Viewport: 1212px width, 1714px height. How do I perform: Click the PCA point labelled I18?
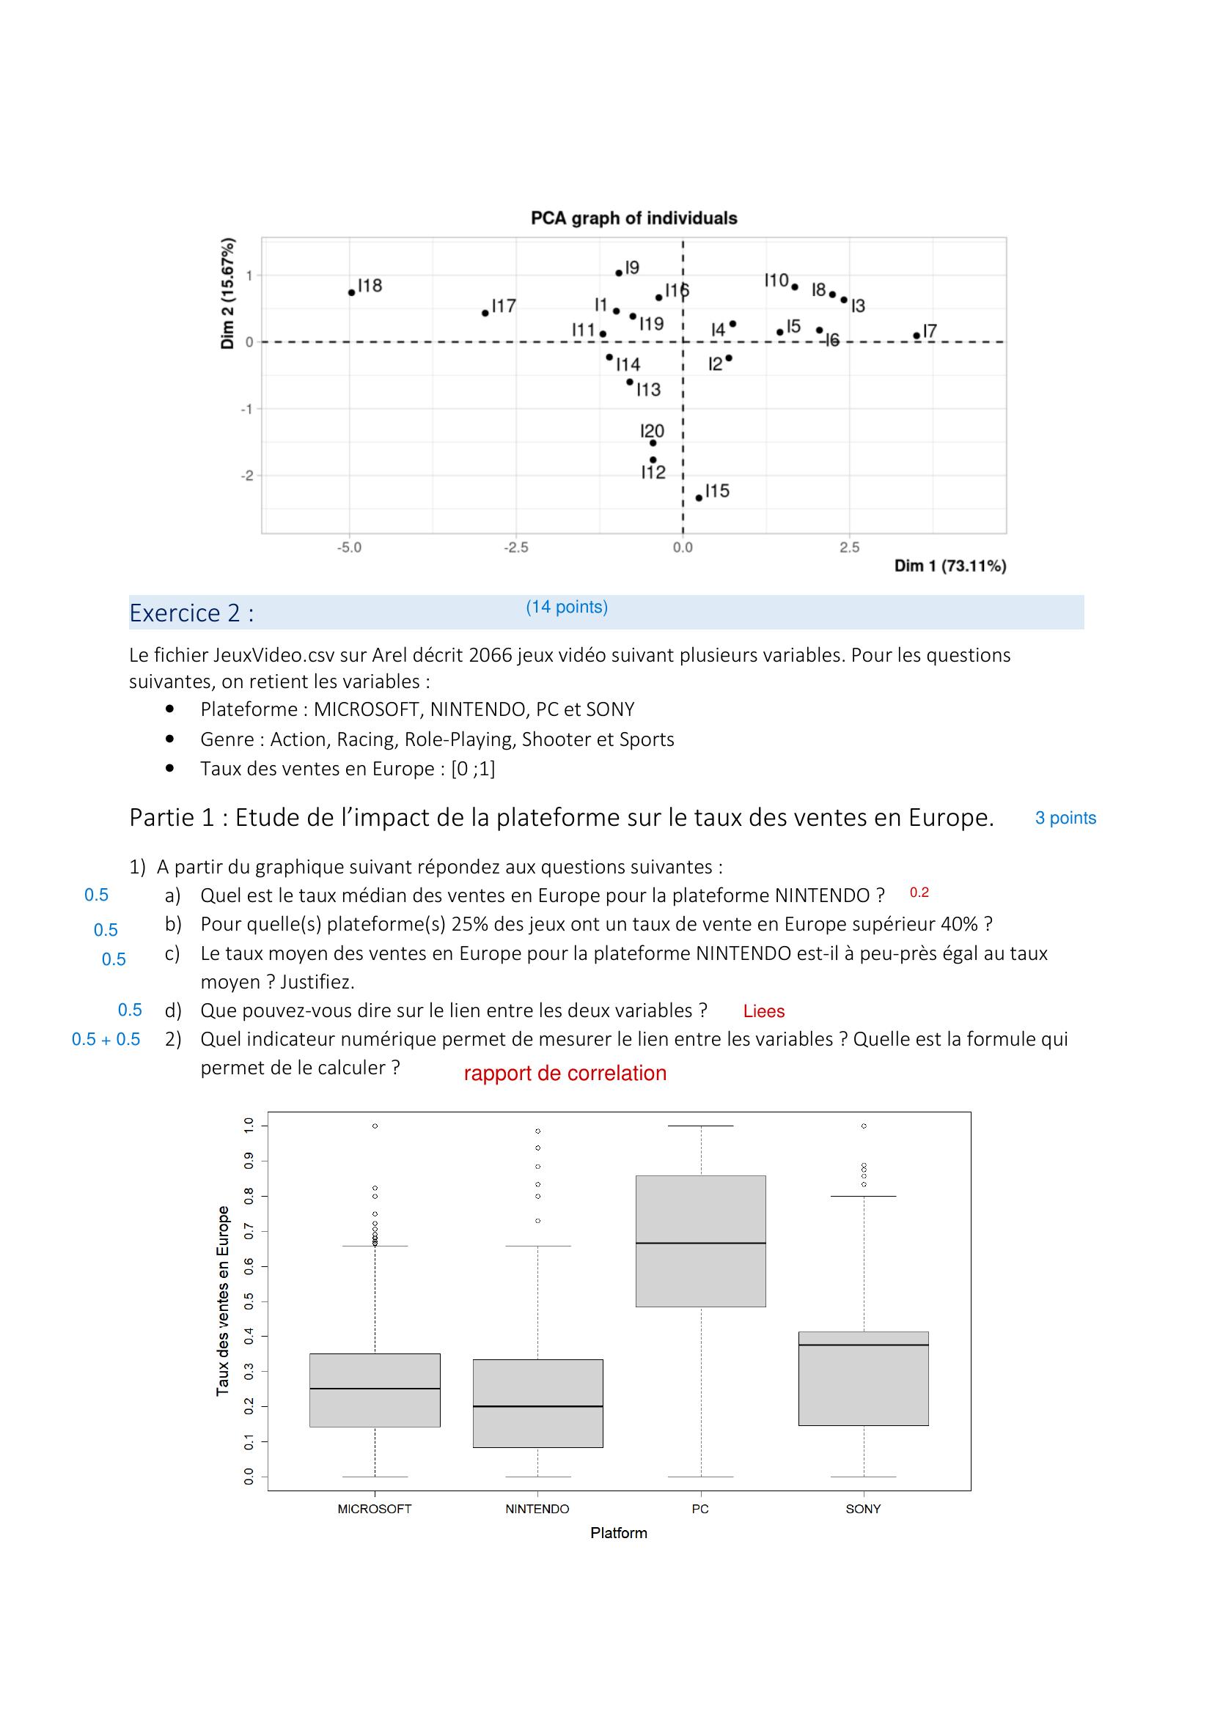click(x=352, y=292)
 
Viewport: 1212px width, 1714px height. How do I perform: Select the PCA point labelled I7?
click(x=917, y=336)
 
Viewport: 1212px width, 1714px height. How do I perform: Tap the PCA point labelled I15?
click(x=699, y=498)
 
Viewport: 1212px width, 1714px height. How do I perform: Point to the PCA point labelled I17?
click(x=485, y=313)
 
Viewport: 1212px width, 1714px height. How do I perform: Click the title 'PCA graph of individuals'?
click(x=633, y=218)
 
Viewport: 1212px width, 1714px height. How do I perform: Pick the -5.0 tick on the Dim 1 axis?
click(x=349, y=548)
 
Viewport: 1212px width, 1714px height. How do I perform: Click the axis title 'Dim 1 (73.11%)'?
click(x=950, y=566)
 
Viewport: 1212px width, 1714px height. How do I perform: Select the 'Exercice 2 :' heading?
click(x=191, y=613)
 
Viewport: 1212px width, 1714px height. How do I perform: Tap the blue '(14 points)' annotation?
click(x=567, y=607)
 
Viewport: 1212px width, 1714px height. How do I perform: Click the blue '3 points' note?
click(x=1065, y=819)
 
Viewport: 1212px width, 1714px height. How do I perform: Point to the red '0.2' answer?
click(x=919, y=893)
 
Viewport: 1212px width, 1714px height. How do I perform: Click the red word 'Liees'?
click(x=763, y=1011)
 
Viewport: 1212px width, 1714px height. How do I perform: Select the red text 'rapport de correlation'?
click(x=565, y=1074)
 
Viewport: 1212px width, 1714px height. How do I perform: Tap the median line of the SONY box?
click(x=863, y=1345)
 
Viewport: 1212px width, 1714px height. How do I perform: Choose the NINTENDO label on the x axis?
click(x=537, y=1509)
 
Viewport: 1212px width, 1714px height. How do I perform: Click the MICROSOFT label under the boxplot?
click(x=374, y=1509)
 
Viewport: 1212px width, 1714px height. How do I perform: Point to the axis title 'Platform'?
click(x=618, y=1533)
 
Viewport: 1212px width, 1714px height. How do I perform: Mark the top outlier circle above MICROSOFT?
click(x=375, y=1126)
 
